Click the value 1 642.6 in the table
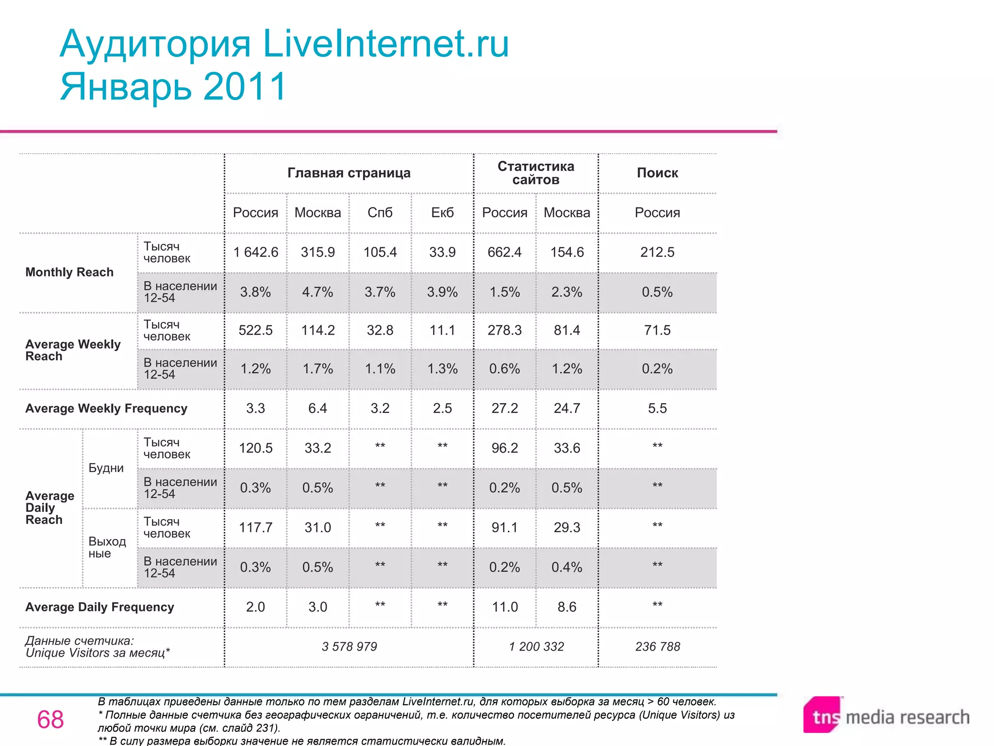(256, 253)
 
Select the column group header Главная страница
(349, 173)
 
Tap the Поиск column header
(657, 173)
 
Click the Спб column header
(380, 213)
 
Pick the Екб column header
(442, 213)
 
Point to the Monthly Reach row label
(69, 272)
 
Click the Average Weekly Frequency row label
(106, 408)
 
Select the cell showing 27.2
(505, 408)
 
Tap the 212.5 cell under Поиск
(657, 253)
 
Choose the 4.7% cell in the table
(318, 292)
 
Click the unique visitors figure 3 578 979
(349, 647)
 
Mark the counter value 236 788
(658, 647)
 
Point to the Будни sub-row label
(106, 468)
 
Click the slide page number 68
(50, 720)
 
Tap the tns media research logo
(886, 717)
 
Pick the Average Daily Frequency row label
(99, 607)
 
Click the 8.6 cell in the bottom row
(567, 607)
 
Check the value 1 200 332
(536, 647)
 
